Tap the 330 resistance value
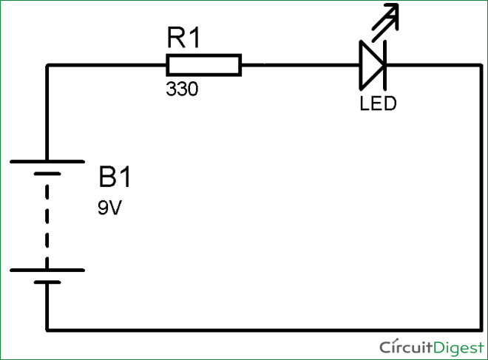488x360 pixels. (x=181, y=90)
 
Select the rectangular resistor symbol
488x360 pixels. (x=203, y=65)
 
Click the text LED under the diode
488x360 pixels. (x=378, y=103)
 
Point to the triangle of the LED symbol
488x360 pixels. (x=370, y=65)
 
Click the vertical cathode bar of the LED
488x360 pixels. (x=384, y=65)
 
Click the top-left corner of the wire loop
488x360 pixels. (x=47, y=65)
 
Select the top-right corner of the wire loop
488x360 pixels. (x=481, y=65)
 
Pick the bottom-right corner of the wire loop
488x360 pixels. (x=481, y=330)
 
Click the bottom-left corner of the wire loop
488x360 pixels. (x=47, y=330)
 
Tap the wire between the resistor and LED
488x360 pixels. (x=299, y=65)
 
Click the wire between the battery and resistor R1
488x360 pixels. (x=104, y=65)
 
